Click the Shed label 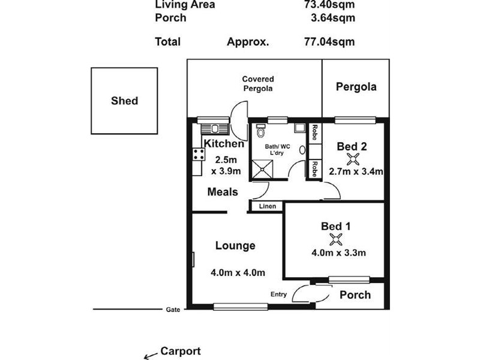(124, 101)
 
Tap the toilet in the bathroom (260, 131)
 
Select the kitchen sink (215, 128)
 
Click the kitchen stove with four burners (199, 154)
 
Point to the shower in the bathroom (262, 169)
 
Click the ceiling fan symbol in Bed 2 (353, 159)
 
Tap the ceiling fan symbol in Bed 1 (336, 239)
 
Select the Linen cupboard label (267, 206)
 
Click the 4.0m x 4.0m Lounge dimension (238, 272)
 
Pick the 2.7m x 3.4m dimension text (356, 172)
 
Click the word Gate (173, 310)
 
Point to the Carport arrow (151, 356)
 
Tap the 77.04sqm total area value (329, 41)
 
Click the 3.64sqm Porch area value (333, 18)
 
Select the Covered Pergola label (258, 83)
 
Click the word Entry (278, 294)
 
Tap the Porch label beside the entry (355, 295)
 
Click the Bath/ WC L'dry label (277, 149)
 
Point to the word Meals (223, 192)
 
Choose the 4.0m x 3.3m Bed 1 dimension (338, 253)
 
